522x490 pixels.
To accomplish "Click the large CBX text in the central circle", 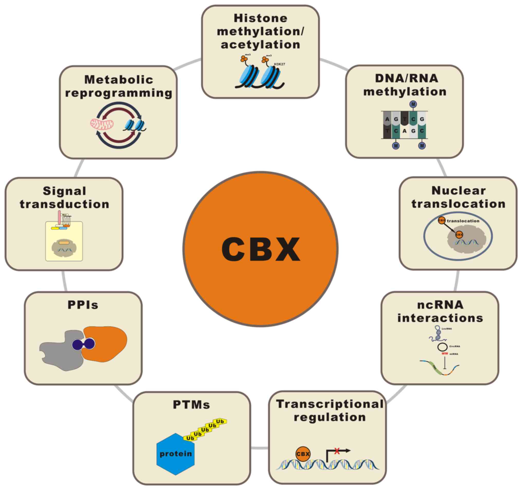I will pyautogui.click(x=260, y=249).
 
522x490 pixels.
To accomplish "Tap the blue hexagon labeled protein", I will pyautogui.click(x=175, y=454).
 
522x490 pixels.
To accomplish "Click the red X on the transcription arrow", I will pyautogui.click(x=337, y=451).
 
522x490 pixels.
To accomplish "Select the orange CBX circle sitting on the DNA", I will pyautogui.click(x=303, y=454).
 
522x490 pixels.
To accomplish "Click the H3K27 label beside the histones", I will pyautogui.click(x=279, y=64).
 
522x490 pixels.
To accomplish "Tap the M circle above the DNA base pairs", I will pyautogui.click(x=413, y=104).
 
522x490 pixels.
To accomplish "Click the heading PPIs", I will pyautogui.click(x=83, y=305).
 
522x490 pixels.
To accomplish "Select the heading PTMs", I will pyautogui.click(x=191, y=405).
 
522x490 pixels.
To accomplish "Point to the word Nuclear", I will pyautogui.click(x=459, y=191).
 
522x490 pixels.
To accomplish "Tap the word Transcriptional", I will pyautogui.click(x=329, y=404).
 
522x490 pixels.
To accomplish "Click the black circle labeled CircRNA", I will pyautogui.click(x=442, y=347).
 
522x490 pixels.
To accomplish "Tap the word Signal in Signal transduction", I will pyautogui.click(x=65, y=191).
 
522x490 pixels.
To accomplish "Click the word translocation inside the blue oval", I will pyautogui.click(x=463, y=221).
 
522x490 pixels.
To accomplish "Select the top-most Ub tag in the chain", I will pyautogui.click(x=220, y=421).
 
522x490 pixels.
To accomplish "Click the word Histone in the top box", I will pyautogui.click(x=260, y=19).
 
